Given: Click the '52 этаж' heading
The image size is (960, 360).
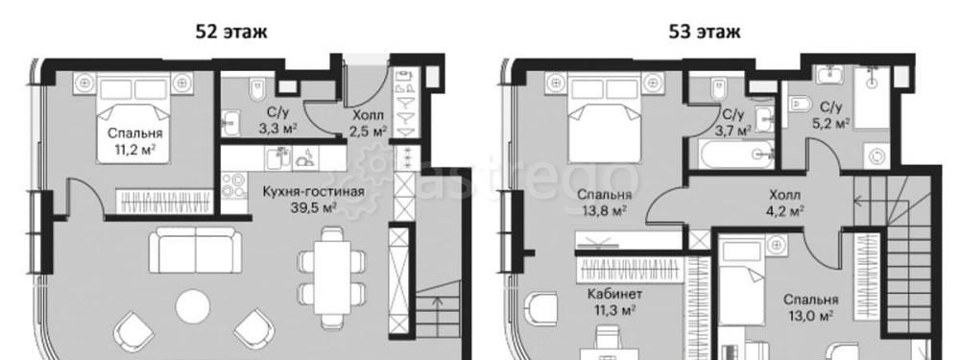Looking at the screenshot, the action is (x=230, y=32).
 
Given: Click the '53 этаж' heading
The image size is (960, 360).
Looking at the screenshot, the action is (x=704, y=32).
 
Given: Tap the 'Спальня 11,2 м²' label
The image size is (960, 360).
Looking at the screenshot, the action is (x=135, y=141).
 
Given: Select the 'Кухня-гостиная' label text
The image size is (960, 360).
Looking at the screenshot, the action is (x=314, y=192).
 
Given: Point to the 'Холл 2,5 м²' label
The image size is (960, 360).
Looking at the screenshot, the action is (x=369, y=123).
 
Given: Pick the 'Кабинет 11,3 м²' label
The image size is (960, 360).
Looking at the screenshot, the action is (x=613, y=301).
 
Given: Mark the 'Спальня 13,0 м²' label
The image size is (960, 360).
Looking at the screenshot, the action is (x=811, y=308).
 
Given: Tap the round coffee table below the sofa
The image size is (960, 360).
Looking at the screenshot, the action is (x=193, y=307).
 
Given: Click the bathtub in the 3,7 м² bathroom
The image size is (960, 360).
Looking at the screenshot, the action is (x=732, y=153).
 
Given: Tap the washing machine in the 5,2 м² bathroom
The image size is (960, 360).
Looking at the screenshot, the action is (x=877, y=156).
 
